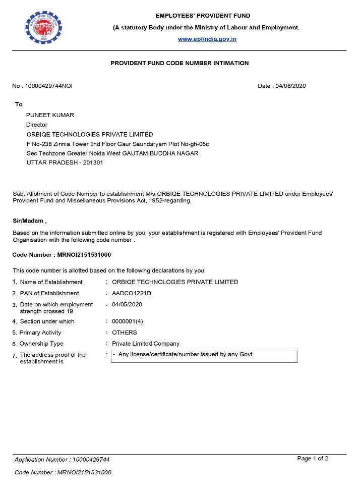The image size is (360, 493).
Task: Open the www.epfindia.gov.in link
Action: point(207,39)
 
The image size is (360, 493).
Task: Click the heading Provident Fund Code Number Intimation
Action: point(179,63)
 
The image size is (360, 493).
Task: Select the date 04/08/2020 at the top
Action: point(290,86)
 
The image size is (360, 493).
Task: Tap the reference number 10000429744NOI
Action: point(49,86)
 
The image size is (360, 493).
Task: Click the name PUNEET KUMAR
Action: point(50,115)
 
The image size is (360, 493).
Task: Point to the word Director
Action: point(37,125)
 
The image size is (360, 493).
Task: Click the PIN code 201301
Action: point(93,162)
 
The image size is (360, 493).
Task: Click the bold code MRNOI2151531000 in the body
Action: point(84,254)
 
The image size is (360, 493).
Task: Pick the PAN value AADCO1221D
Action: point(132,293)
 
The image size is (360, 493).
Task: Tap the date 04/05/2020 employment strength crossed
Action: point(127,304)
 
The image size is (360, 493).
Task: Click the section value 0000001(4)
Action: point(128,321)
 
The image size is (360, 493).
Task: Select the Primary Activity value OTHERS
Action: point(125,333)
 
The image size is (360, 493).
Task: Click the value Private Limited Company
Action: point(146,344)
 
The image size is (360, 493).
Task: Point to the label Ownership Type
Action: point(41,344)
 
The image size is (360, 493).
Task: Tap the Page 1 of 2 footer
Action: point(313,458)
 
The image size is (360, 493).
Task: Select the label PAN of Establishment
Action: point(49,293)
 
